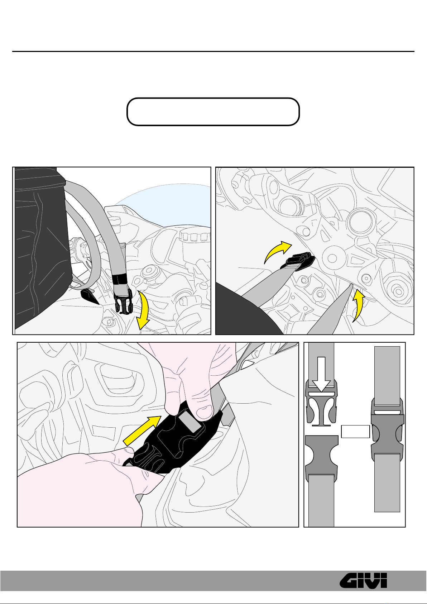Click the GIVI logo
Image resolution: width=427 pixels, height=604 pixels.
pyautogui.click(x=363, y=581)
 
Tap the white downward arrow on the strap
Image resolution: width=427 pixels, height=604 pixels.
pyautogui.click(x=321, y=375)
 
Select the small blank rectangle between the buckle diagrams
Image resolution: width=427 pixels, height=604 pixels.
pyautogui.click(x=355, y=432)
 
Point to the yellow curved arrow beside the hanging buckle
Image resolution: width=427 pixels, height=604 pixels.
pyautogui.click(x=144, y=310)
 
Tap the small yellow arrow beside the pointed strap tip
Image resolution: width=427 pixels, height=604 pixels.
pyautogui.click(x=359, y=305)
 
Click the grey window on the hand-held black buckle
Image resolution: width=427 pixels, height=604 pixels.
pyautogui.click(x=190, y=423)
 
